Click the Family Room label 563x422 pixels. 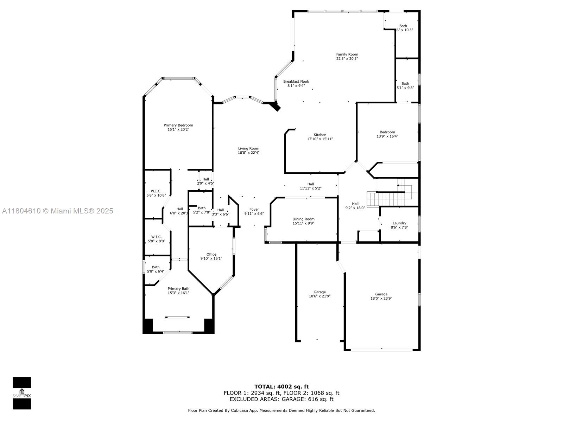pyautogui.click(x=347, y=55)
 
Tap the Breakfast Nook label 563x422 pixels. pyautogui.click(x=296, y=82)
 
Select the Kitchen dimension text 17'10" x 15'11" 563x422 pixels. pyautogui.click(x=320, y=139)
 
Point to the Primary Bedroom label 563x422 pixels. pyautogui.click(x=178, y=126)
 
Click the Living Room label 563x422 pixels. pyautogui.click(x=248, y=149)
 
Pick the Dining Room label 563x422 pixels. pyautogui.click(x=303, y=219)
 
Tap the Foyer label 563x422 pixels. pyautogui.click(x=254, y=210)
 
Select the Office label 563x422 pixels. pyautogui.click(x=211, y=255)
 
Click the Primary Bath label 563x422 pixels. pyautogui.click(x=178, y=289)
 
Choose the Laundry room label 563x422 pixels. pyautogui.click(x=399, y=223)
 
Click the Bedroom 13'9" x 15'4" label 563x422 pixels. pyautogui.click(x=387, y=133)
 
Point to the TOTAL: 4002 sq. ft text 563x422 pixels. pyautogui.click(x=281, y=387)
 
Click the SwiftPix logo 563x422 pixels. pyautogui.click(x=22, y=393)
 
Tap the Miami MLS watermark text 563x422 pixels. pyautogui.click(x=57, y=211)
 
